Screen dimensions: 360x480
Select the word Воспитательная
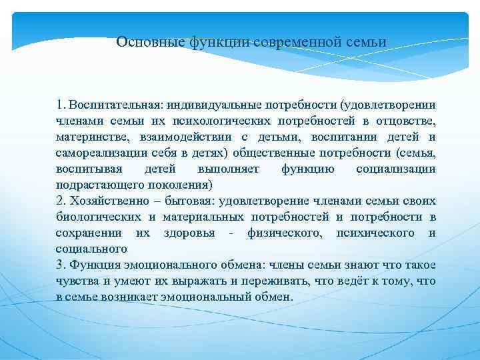[x=115, y=105]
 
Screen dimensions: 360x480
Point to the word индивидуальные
[x=209, y=105]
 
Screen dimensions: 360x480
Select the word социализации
[x=396, y=169]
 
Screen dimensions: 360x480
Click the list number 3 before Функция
[x=61, y=265]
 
